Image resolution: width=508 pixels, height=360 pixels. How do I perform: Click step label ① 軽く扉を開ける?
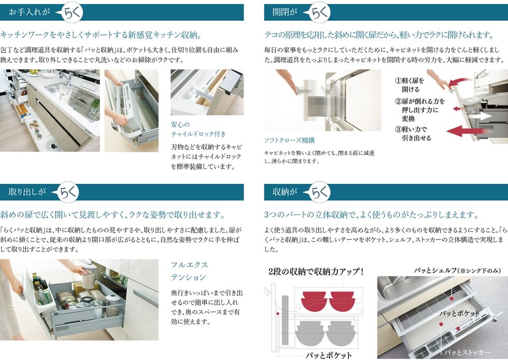410,85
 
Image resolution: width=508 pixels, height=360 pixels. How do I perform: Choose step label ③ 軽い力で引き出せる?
413,134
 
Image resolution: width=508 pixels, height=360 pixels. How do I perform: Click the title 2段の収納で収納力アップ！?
316,271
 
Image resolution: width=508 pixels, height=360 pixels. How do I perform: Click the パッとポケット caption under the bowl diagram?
328,355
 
